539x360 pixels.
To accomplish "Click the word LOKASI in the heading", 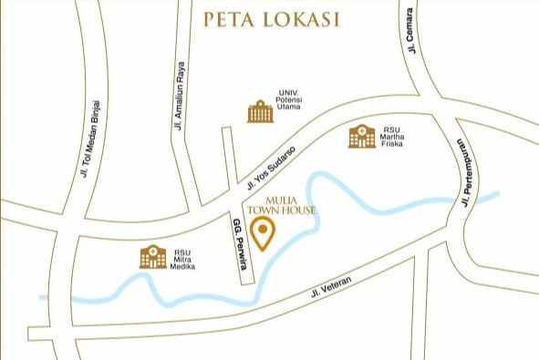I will [308, 19].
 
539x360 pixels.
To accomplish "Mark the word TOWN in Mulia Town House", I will [277, 210].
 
